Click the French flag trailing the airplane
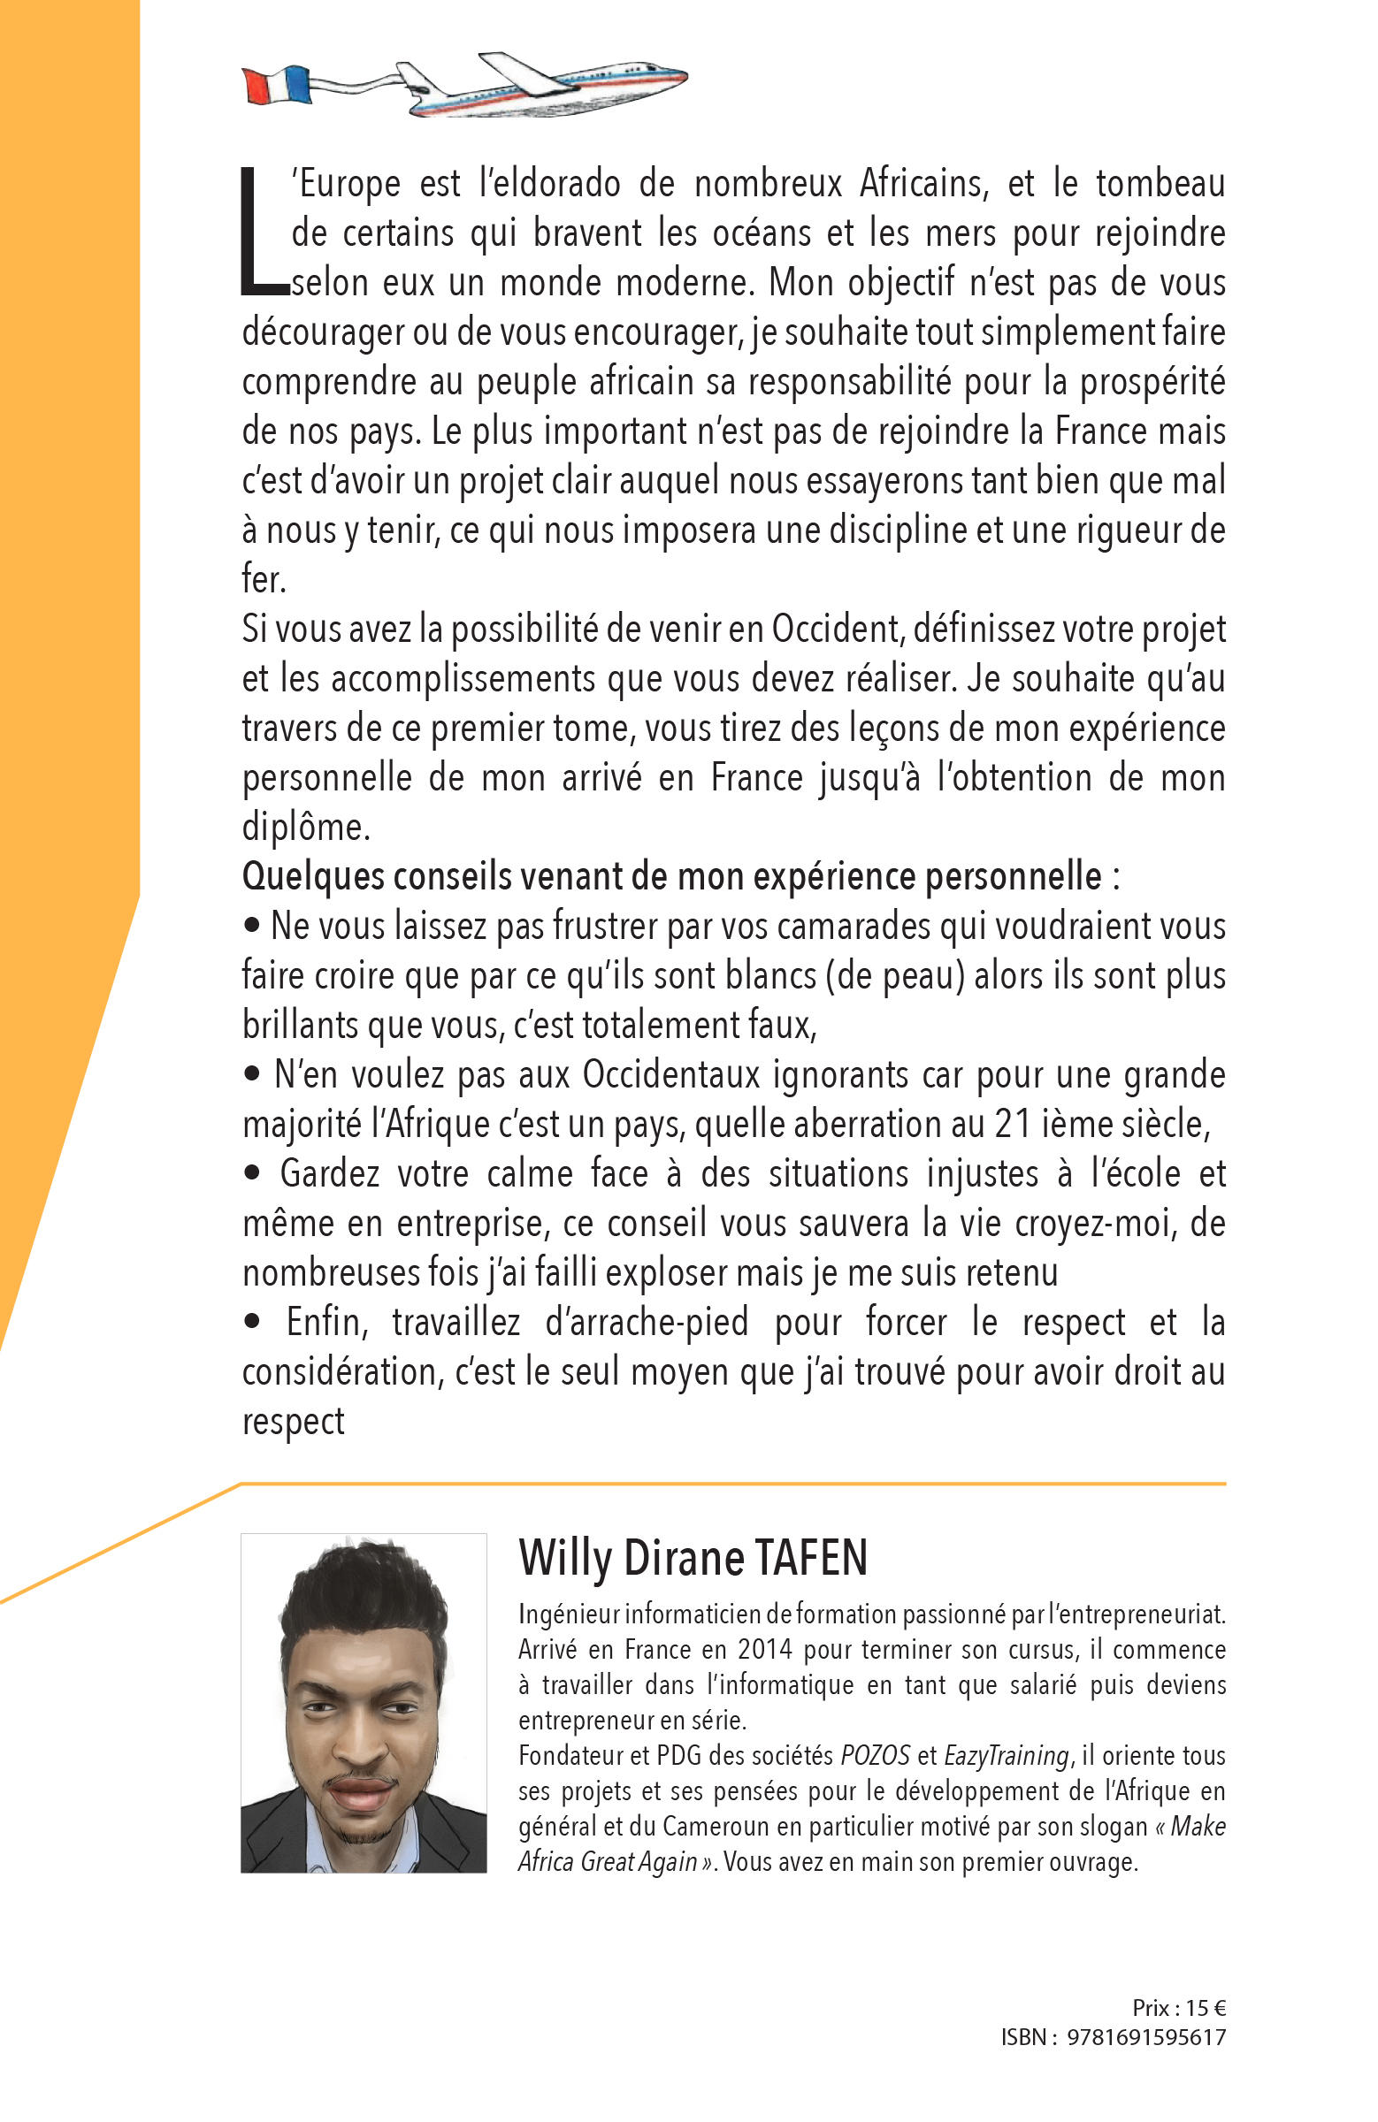click(x=277, y=86)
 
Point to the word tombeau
click(x=1160, y=184)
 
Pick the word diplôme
click(x=305, y=828)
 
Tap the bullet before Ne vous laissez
click(x=252, y=925)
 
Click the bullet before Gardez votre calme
click(x=252, y=1172)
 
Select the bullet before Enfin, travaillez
click(x=252, y=1320)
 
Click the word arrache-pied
click(x=647, y=1322)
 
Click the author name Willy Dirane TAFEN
click(x=693, y=1558)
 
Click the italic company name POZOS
click(x=874, y=1756)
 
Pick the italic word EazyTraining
click(x=1005, y=1756)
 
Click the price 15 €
click(x=1205, y=2008)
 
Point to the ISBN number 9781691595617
click(x=1145, y=2037)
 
